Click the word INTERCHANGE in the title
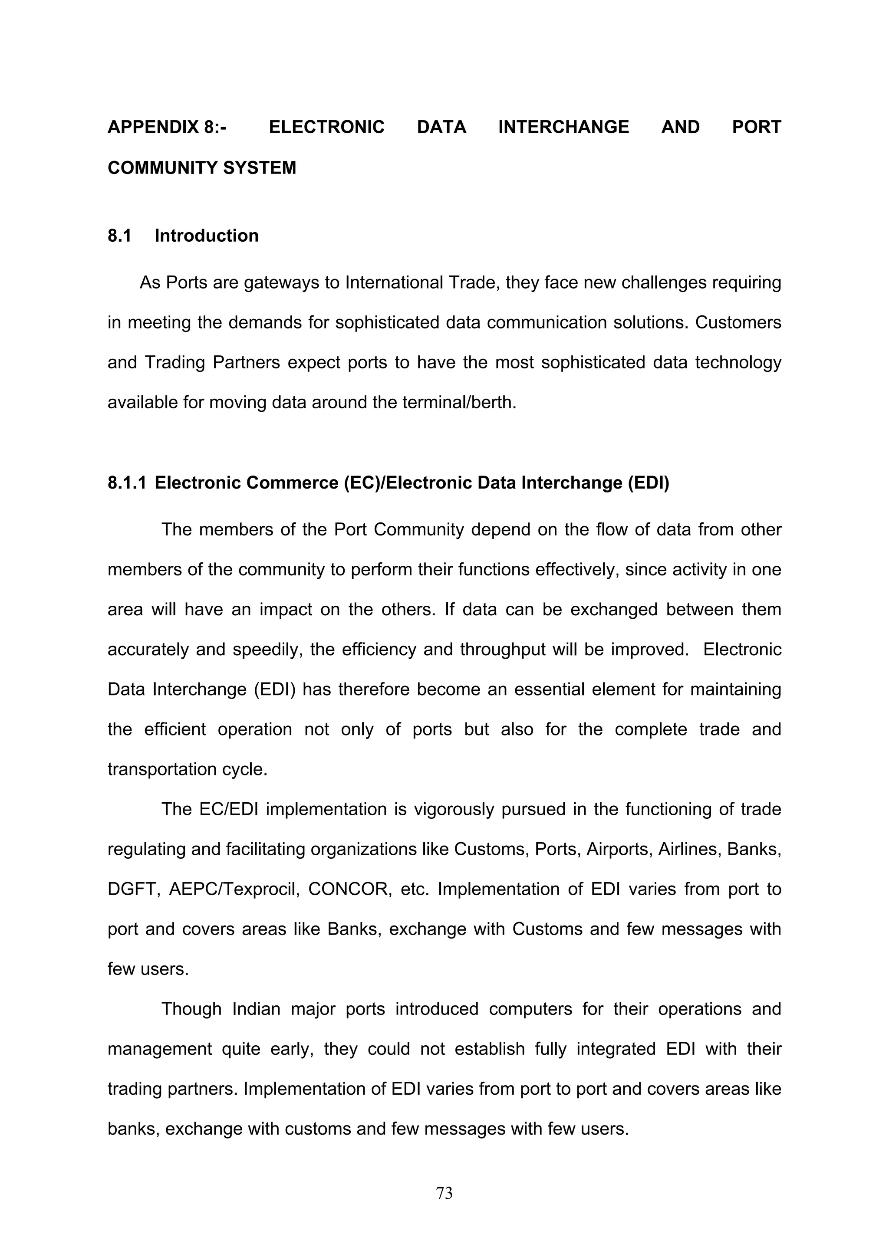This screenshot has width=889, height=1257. point(563,127)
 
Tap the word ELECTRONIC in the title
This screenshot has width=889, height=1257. point(326,127)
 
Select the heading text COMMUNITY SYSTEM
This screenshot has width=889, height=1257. point(201,167)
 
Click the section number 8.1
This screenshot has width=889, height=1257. point(119,236)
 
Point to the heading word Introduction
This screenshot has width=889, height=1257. point(207,236)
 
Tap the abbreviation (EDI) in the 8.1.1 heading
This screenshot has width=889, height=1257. point(649,483)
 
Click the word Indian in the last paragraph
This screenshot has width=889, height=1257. point(256,1009)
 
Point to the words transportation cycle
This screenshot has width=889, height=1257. point(187,769)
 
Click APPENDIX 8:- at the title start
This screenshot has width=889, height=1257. point(167,127)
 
